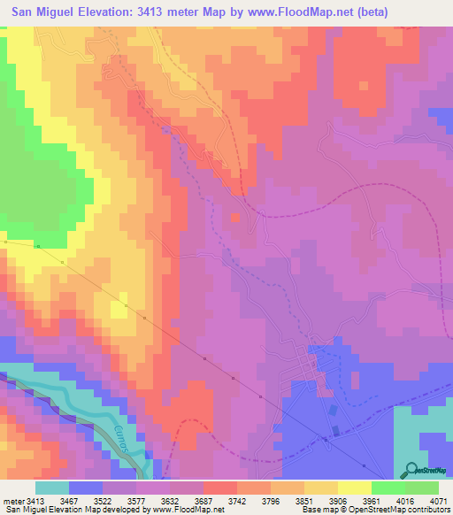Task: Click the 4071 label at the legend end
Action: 436,501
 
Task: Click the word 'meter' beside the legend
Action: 13,501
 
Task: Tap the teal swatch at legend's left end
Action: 52,488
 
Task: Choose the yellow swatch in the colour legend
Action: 354,488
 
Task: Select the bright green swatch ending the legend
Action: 422,488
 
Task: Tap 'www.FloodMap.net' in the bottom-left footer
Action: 180,511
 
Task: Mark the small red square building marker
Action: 235,217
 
